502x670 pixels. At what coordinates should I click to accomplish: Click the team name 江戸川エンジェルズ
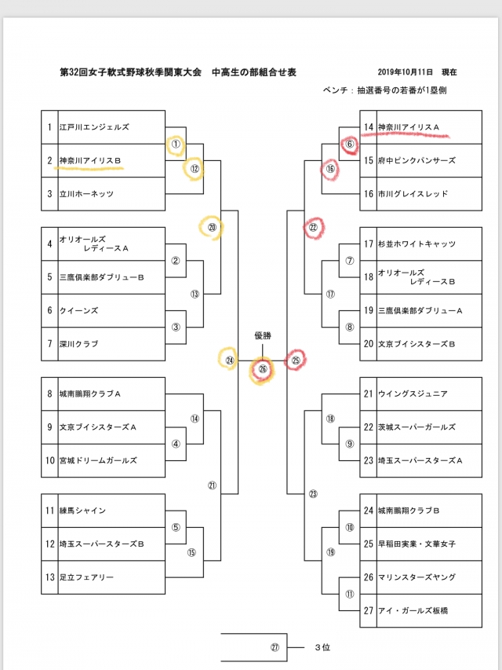(x=94, y=127)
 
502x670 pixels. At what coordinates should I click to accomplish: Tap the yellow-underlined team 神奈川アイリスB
(x=90, y=160)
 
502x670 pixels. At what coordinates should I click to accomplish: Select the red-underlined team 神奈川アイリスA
(x=409, y=127)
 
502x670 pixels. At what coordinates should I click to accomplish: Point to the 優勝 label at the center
(x=262, y=335)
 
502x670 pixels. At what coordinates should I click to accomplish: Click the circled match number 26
(x=262, y=368)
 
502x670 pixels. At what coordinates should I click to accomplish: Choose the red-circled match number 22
(x=313, y=227)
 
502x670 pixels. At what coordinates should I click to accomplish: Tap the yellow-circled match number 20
(x=212, y=227)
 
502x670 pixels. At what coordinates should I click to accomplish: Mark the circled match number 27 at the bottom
(x=275, y=648)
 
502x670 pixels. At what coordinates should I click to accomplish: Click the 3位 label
(x=322, y=648)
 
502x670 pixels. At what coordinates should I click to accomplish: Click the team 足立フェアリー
(x=87, y=577)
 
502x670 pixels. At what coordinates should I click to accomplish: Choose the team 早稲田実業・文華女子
(x=417, y=544)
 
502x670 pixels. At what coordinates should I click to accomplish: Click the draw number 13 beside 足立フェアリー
(x=49, y=577)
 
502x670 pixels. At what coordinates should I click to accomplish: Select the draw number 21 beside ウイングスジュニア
(x=368, y=394)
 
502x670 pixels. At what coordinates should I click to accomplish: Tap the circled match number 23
(x=313, y=494)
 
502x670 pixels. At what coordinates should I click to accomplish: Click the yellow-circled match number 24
(x=230, y=361)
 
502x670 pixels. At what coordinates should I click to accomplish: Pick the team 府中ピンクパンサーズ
(x=417, y=160)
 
